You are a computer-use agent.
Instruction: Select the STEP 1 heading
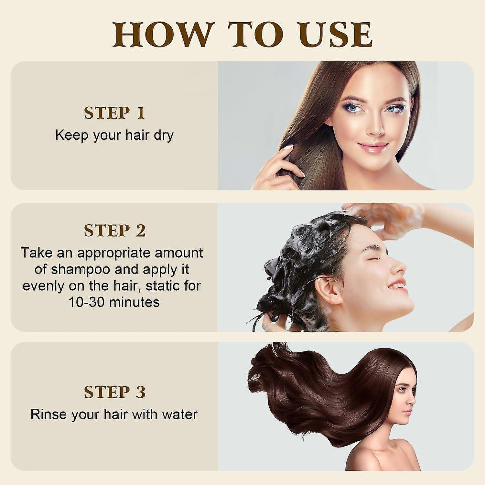pos(114,113)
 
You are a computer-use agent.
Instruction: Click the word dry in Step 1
pos(164,135)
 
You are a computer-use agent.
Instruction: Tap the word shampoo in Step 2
pos(81,269)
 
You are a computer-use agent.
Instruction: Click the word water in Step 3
pos(180,415)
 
